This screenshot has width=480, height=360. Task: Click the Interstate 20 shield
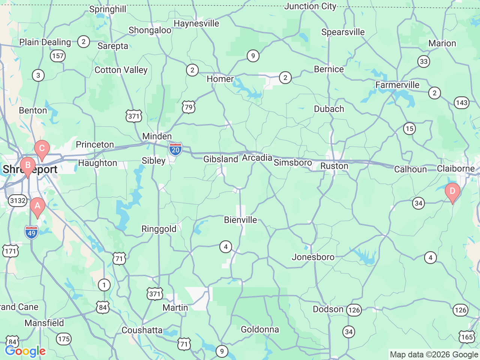(175, 149)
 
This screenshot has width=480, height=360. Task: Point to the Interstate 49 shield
(31, 232)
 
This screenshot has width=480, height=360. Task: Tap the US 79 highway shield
(189, 108)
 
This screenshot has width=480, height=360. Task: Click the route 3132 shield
(18, 201)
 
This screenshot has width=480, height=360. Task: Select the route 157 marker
(58, 56)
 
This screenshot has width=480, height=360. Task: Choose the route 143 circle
(462, 103)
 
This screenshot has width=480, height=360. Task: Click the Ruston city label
(334, 166)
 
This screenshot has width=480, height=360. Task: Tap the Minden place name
(157, 136)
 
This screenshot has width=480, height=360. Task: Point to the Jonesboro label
(313, 257)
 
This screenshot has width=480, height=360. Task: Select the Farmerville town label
(397, 85)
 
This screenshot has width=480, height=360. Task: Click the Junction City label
(310, 6)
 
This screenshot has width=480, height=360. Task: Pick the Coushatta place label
(142, 330)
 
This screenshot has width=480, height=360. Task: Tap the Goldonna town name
(260, 330)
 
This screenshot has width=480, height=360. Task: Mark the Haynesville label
(196, 24)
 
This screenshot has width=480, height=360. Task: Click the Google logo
(25, 351)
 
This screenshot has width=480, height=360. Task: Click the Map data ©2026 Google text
(434, 354)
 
